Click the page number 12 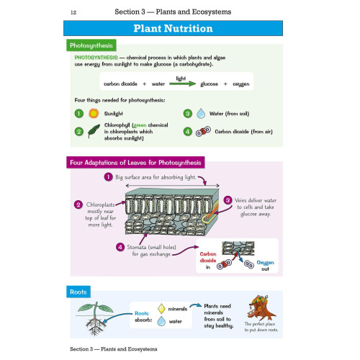[x=73, y=12]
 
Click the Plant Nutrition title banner [x=173, y=28]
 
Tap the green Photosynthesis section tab [x=91, y=45]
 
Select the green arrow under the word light [x=182, y=84]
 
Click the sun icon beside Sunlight [x=94, y=114]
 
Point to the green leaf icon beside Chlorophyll [x=94, y=131]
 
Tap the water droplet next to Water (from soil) [x=201, y=114]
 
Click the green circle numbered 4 [x=188, y=132]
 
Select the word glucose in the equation [x=209, y=84]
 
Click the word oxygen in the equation [x=241, y=84]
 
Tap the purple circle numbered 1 [x=108, y=177]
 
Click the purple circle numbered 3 [x=228, y=200]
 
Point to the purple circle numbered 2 [x=78, y=204]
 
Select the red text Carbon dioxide [x=208, y=257]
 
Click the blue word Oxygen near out [x=265, y=263]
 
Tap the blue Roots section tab [x=78, y=292]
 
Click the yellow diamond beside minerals [x=161, y=309]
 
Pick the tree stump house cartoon [x=261, y=308]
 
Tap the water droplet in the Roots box [x=161, y=321]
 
